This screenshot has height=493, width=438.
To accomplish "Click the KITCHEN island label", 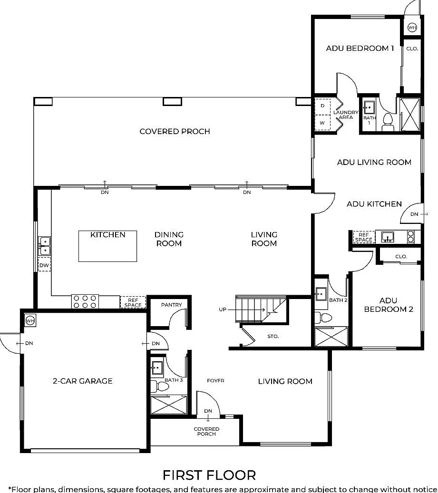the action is point(108,234).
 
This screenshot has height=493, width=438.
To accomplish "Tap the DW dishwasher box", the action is point(44,265).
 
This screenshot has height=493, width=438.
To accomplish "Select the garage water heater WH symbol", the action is point(30,321).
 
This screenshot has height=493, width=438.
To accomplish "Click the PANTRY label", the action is point(171,305).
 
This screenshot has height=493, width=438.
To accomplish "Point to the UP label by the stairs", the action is point(223,309).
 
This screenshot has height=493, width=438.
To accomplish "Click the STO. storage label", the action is point(273,337).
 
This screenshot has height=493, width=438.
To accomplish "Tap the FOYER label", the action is point(216,381).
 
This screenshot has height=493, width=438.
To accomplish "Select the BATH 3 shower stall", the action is point(169,405).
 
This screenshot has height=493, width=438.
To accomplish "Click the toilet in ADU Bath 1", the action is point(388,122).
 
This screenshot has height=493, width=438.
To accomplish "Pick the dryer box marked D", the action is point(322,106).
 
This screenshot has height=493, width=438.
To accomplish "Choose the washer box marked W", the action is point(322,122).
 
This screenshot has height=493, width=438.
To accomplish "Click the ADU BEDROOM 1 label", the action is point(360,48).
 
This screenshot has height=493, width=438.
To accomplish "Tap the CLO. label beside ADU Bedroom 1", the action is point(412,49).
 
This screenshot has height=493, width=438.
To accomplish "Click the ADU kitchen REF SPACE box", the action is point(364,237).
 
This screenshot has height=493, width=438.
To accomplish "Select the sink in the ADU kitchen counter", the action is point(388,237).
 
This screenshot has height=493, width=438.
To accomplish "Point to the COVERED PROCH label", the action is point(175,131).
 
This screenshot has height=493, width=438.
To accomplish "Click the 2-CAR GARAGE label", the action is point(83,381).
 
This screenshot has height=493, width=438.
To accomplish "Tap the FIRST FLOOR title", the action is point(209,475).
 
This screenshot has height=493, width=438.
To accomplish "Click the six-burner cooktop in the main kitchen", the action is point(85,301).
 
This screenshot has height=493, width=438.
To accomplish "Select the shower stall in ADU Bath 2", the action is point(331,337).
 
